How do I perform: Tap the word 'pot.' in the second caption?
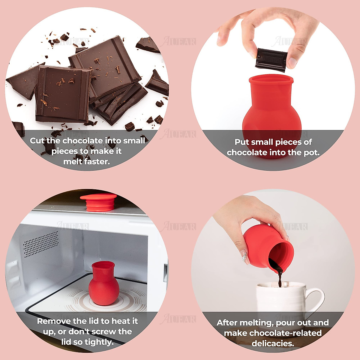[x=312, y=152]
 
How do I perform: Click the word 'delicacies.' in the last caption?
[x=273, y=343]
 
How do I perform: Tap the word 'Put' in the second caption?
[x=241, y=142]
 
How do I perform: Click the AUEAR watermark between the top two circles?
[x=179, y=41]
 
